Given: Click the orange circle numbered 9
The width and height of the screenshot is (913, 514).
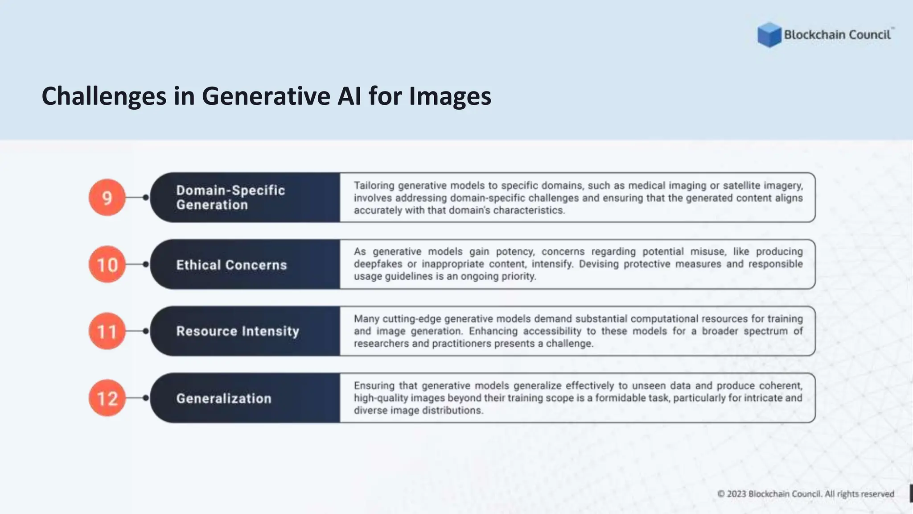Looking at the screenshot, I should point(107,198).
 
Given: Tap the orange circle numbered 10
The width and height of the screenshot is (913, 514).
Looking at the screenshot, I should point(107,265).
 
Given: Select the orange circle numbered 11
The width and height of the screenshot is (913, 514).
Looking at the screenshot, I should point(107,331).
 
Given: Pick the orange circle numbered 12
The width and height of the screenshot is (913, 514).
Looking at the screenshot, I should point(107,398).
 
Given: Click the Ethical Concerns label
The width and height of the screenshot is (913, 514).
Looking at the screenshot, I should point(231,265).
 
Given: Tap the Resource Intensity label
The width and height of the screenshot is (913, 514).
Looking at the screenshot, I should point(237,332).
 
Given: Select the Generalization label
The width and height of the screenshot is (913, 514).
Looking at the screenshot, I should point(223,398).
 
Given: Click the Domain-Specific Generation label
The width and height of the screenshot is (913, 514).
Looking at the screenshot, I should point(230,198).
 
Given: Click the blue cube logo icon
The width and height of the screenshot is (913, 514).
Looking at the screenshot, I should point(769,35).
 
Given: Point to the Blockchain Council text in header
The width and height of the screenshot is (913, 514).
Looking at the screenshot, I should point(837,35).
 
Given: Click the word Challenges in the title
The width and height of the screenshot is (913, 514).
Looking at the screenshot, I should point(103,96).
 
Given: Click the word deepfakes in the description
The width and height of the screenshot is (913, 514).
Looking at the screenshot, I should point(378,264).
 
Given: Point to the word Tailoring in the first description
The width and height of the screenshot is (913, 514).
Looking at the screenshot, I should point(374,186).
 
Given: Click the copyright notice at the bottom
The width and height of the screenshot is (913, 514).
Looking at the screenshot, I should point(806,494).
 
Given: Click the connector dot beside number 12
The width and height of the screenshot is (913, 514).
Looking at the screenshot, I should point(146,398).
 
